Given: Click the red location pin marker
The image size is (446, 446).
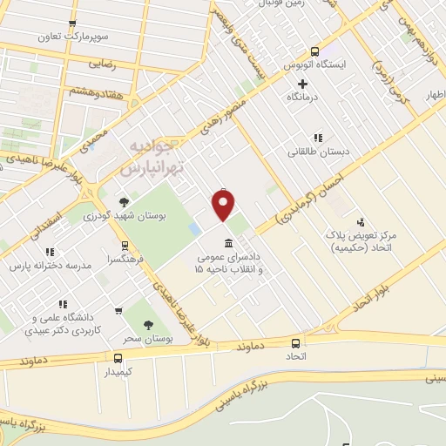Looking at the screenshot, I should [x=224, y=206].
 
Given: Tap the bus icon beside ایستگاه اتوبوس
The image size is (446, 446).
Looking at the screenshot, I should [x=314, y=51].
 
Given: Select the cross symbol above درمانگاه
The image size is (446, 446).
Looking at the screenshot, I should [x=302, y=84].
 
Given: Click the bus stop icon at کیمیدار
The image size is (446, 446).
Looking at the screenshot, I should [x=118, y=357].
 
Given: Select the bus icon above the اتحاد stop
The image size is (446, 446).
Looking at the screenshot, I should [x=296, y=343].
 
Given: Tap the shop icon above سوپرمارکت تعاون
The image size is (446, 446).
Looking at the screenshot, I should [x=71, y=24].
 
